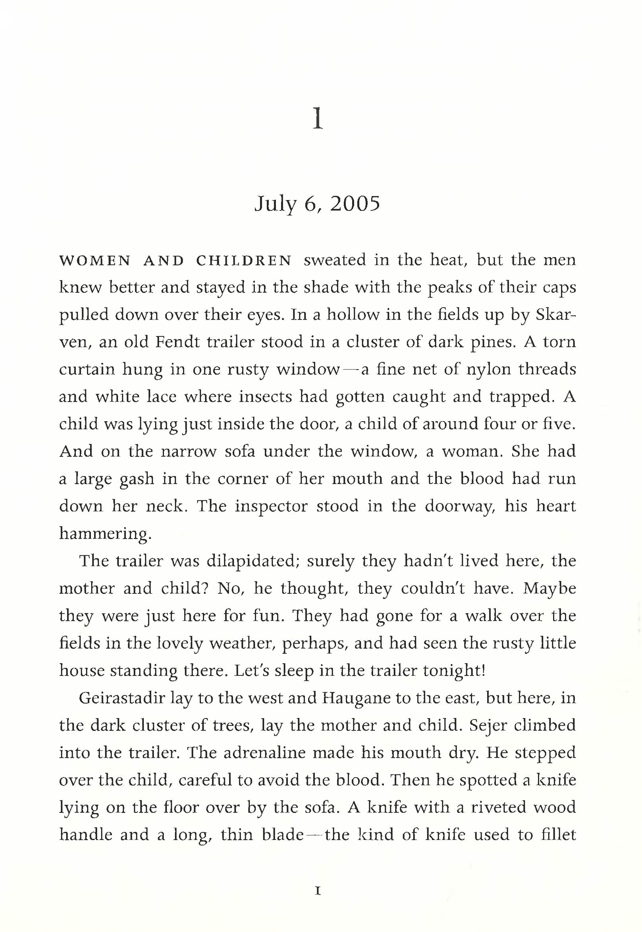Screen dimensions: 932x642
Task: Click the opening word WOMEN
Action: click(95, 261)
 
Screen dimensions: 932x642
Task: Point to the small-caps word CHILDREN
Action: click(244, 261)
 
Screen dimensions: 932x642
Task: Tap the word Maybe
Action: click(549, 589)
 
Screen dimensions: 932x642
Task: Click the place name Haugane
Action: click(356, 698)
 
